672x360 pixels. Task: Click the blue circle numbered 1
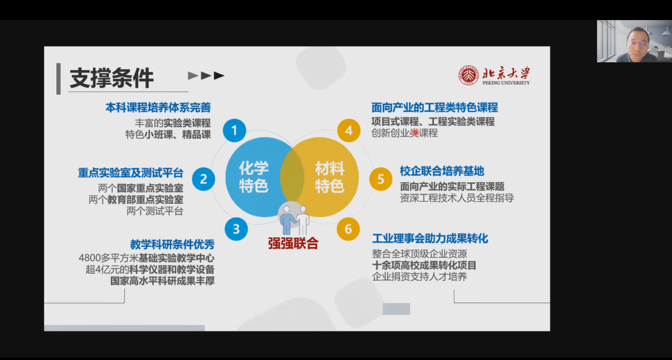(234, 130)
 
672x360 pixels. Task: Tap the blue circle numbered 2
(204, 179)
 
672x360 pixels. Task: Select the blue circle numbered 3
(236, 229)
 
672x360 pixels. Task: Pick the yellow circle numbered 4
(349, 130)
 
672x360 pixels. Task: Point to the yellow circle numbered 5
(381, 179)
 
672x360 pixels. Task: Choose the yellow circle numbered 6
(348, 229)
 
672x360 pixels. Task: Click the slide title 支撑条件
(112, 78)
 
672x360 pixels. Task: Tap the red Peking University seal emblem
(468, 75)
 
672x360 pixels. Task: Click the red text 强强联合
(293, 243)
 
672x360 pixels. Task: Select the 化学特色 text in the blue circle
(254, 177)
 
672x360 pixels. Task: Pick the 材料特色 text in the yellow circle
(330, 177)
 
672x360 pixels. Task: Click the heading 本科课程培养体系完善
(158, 108)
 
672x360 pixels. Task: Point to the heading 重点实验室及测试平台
(130, 173)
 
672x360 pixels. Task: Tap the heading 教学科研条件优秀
(172, 245)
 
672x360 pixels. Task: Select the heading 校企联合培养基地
(442, 171)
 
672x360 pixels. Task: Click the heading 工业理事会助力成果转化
(430, 239)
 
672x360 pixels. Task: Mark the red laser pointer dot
(415, 132)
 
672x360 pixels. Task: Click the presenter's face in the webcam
(638, 41)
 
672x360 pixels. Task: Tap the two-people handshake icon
(294, 220)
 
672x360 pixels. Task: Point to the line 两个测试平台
(154, 211)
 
